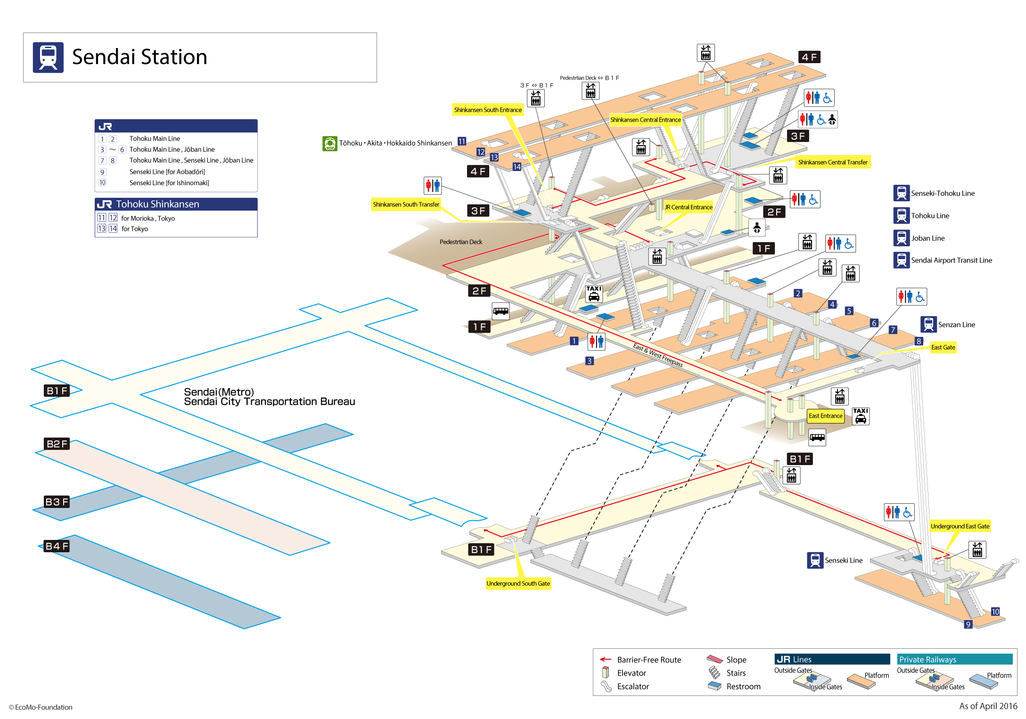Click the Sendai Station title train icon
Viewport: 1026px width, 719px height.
point(48,57)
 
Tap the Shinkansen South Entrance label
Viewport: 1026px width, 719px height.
point(488,110)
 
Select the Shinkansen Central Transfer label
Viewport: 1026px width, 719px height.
point(832,162)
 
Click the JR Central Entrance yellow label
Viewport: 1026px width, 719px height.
point(688,207)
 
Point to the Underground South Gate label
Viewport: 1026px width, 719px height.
point(518,583)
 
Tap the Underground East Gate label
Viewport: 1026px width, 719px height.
point(960,526)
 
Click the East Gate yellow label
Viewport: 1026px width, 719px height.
point(943,347)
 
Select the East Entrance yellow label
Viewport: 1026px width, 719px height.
point(825,416)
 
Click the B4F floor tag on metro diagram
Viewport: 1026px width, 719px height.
point(57,546)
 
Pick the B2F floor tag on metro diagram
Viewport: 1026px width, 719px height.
point(57,444)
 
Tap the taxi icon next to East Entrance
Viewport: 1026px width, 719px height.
point(861,417)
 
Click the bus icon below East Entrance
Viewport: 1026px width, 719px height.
point(817,437)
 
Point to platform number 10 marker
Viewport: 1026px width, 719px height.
point(995,612)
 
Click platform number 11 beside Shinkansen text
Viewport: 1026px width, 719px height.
point(462,141)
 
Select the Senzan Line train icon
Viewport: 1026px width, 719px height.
point(928,325)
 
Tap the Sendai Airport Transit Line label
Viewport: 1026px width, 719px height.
point(951,260)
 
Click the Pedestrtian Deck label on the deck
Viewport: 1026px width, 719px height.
point(460,242)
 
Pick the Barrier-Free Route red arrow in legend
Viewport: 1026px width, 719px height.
point(605,659)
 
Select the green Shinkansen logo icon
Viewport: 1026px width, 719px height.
point(330,143)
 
